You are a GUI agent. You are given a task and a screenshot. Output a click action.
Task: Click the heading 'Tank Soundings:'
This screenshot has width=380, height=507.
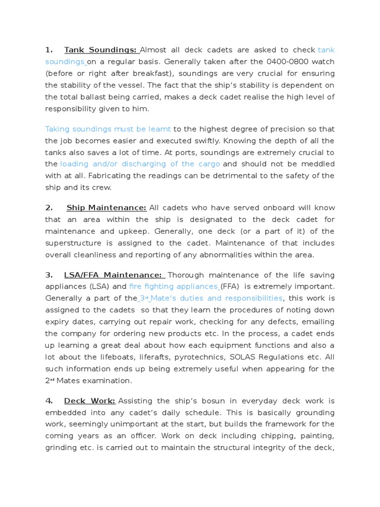pos(100,50)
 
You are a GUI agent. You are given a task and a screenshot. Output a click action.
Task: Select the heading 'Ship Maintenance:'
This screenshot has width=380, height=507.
pos(106,207)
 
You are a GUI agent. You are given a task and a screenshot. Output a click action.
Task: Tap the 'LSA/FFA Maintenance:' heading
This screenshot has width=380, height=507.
pos(113,275)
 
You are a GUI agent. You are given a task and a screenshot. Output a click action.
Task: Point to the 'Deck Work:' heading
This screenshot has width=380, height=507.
pos(90,401)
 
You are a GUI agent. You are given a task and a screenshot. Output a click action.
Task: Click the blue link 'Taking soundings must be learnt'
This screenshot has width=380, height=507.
pos(108,129)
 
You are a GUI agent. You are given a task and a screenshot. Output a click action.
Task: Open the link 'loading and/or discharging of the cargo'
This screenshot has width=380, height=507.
pos(140,164)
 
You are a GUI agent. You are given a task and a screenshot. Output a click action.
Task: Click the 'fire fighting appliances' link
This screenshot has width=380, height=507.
pos(174,286)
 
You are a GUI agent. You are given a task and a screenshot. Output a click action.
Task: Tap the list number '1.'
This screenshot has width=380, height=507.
pos(48,50)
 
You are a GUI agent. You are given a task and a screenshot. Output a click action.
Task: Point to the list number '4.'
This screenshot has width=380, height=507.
pos(48,401)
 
